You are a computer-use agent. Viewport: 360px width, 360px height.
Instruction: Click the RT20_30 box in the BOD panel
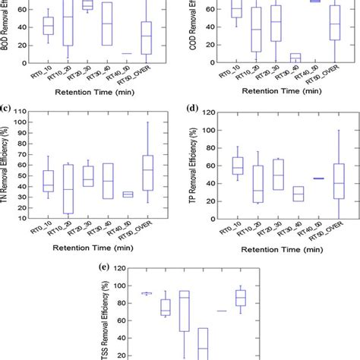pyautogui.click(x=88, y=5)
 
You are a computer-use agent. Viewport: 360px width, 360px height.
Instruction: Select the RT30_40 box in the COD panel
pyautogui.click(x=295, y=57)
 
